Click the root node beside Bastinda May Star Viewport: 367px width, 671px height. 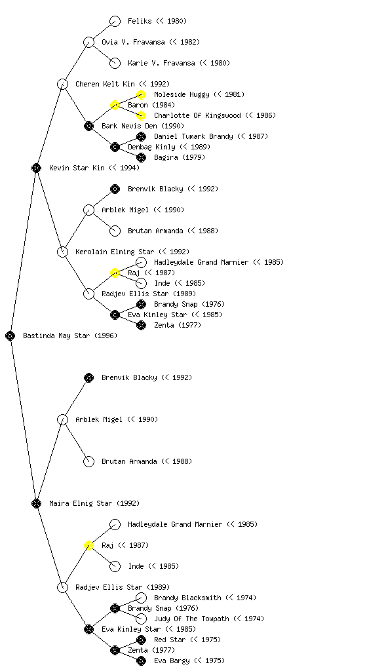(x=10, y=335)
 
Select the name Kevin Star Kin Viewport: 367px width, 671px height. (x=77, y=168)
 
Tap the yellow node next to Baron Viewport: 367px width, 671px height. (x=115, y=105)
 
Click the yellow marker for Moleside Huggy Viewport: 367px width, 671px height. (x=141, y=94)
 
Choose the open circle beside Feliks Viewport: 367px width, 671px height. (x=115, y=21)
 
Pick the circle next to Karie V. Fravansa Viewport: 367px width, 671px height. (x=115, y=63)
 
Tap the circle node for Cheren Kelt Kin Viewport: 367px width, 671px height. (x=62, y=84)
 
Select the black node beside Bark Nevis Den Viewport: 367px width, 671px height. (x=88, y=126)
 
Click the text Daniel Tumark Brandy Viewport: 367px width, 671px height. (x=193, y=136)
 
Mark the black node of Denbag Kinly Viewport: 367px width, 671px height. (x=115, y=147)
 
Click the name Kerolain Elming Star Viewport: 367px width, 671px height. (x=115, y=252)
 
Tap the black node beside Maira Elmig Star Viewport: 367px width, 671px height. (x=36, y=503)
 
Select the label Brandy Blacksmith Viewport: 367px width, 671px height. (x=187, y=598)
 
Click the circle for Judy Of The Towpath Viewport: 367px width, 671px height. (x=141, y=619)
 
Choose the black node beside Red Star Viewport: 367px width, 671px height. (x=141, y=640)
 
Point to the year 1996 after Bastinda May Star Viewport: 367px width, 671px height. (x=106, y=335)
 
